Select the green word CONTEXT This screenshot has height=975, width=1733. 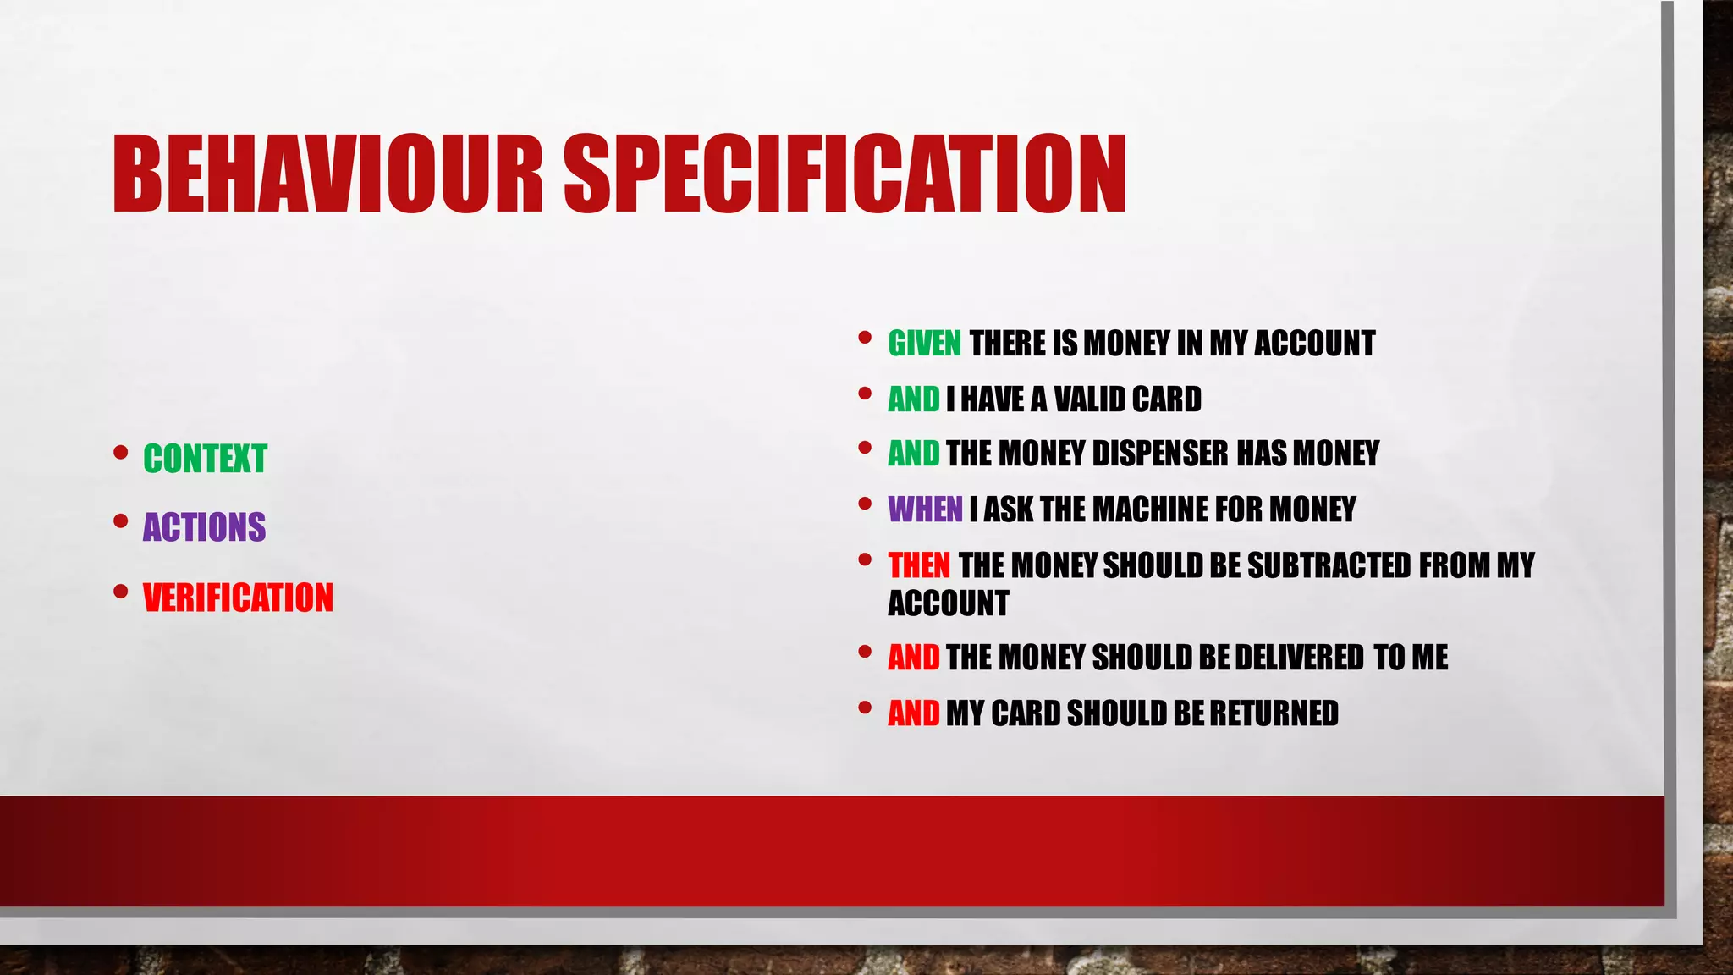[x=205, y=459]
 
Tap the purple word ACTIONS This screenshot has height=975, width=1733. [x=204, y=527]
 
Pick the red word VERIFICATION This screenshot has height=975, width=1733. [x=238, y=598]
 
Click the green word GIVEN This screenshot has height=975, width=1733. [x=924, y=344]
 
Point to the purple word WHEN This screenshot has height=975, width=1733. [x=925, y=510]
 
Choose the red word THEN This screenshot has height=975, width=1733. [x=919, y=565]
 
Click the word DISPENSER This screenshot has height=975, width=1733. [x=1160, y=454]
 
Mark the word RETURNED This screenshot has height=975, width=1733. [x=1274, y=713]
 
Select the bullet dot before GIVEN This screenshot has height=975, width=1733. [x=865, y=338]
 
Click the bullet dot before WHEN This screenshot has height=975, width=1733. [x=865, y=504]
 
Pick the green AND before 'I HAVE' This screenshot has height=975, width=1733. [x=913, y=399]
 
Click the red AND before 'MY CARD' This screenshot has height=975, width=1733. [x=913, y=713]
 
